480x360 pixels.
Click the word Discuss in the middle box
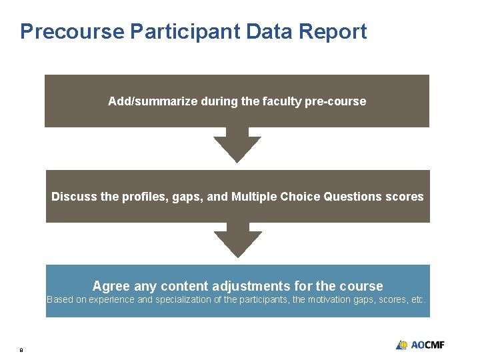73,197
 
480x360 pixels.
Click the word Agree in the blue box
111,286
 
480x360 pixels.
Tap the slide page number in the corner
21,349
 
